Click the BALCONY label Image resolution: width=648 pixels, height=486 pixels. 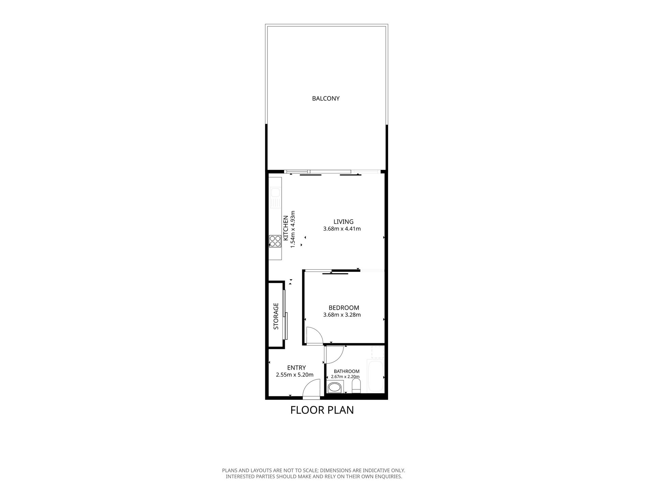click(x=326, y=99)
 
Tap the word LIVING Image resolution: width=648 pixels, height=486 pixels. click(x=343, y=222)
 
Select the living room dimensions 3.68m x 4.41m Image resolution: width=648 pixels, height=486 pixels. click(x=342, y=229)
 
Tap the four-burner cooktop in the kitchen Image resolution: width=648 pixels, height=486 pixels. click(x=275, y=241)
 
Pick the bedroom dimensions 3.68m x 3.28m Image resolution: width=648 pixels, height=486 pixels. click(x=342, y=315)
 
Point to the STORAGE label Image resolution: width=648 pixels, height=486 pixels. click(x=276, y=316)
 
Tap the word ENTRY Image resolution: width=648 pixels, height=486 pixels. click(x=296, y=368)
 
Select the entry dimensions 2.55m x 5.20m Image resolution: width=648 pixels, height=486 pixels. click(x=295, y=375)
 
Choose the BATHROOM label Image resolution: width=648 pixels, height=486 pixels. click(x=347, y=371)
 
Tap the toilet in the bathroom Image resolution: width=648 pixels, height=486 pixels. click(x=356, y=386)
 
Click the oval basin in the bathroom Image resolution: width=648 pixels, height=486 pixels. click(x=335, y=387)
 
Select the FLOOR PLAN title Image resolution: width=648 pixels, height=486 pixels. click(x=322, y=410)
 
